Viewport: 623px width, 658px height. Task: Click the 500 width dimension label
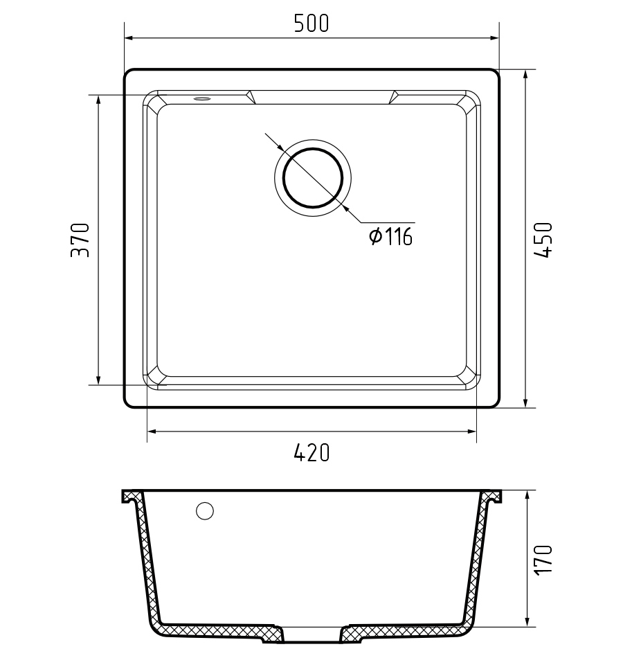[x=311, y=24]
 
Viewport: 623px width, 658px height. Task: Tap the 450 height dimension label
[x=543, y=240]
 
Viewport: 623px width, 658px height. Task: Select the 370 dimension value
[x=80, y=240]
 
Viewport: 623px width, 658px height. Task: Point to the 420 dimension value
[x=311, y=453]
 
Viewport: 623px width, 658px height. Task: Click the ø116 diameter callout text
[x=390, y=236]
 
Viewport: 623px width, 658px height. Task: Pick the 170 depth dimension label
[x=543, y=560]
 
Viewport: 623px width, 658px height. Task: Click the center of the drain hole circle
[x=313, y=178]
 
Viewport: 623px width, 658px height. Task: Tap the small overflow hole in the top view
[x=202, y=99]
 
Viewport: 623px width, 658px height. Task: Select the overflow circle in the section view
[x=205, y=510]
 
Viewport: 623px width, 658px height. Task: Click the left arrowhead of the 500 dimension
[x=129, y=38]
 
